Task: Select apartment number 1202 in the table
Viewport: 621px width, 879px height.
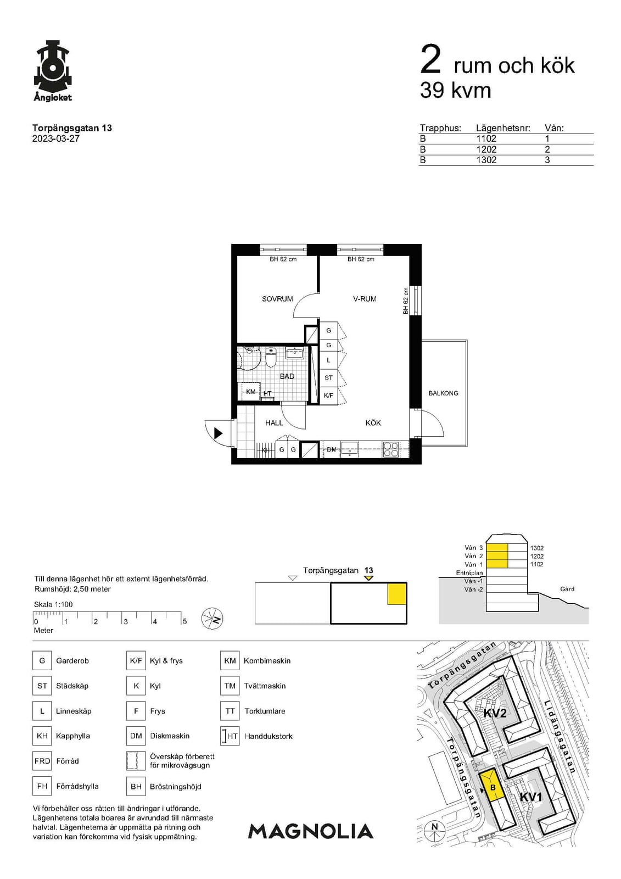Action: click(486, 149)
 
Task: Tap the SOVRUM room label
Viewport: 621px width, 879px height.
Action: click(277, 299)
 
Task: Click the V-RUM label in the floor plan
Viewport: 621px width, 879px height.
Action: click(365, 299)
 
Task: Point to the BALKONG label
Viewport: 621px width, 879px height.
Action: click(443, 393)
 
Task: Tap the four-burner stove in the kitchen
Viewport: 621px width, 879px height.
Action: click(391, 449)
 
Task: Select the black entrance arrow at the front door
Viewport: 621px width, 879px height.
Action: click(219, 433)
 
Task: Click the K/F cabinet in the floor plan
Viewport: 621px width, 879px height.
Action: click(329, 396)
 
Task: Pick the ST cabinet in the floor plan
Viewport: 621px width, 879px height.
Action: click(329, 378)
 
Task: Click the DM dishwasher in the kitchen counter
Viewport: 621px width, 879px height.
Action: click(332, 450)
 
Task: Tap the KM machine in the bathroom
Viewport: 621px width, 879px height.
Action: click(251, 392)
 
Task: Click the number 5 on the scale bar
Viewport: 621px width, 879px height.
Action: click(185, 621)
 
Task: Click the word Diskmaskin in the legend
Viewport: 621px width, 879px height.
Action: click(170, 736)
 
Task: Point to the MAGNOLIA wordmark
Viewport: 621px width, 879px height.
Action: click(311, 832)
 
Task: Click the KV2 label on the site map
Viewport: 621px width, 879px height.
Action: click(495, 713)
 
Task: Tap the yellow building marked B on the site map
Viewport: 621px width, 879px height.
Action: click(491, 786)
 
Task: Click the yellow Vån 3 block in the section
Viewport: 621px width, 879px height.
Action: click(497, 548)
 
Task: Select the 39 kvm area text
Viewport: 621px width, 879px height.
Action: click(455, 90)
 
